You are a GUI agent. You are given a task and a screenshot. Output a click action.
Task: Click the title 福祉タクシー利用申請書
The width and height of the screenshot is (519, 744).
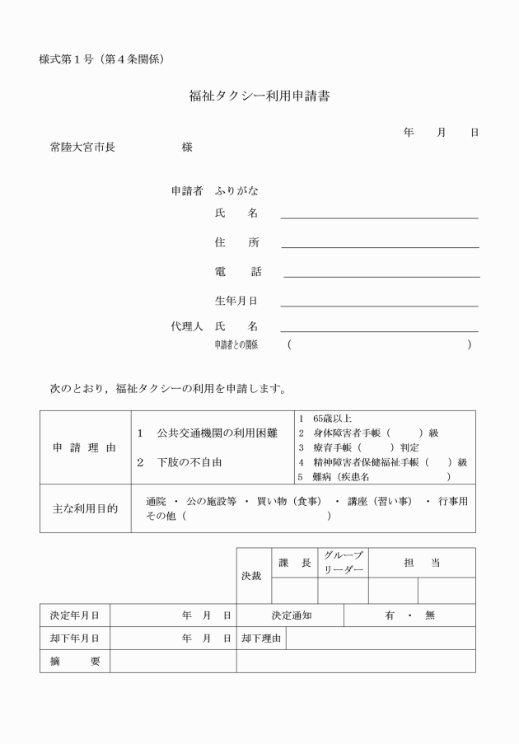point(259,96)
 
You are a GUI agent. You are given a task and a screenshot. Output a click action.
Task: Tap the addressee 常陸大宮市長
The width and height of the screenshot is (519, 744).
point(82,147)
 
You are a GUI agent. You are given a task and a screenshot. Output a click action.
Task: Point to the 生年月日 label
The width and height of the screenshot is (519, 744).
point(236,302)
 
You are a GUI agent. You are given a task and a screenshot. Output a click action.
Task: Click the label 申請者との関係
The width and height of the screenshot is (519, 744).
point(236,345)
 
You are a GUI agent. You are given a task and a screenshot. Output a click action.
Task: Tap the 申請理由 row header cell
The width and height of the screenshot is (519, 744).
point(85,447)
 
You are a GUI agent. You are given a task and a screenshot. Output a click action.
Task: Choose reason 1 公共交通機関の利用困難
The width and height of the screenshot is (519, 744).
point(207,433)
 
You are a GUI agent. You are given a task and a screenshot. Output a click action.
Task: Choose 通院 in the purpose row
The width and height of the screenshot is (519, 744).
point(156,502)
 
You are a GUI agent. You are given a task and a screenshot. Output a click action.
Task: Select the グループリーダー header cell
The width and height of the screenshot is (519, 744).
point(343,563)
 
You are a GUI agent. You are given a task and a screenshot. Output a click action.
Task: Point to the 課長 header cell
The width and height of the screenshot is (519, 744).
point(294,563)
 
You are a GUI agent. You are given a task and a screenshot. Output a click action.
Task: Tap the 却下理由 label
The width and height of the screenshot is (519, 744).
point(261,638)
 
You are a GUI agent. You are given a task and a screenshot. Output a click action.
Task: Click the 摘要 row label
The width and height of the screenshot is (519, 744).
point(74,661)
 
